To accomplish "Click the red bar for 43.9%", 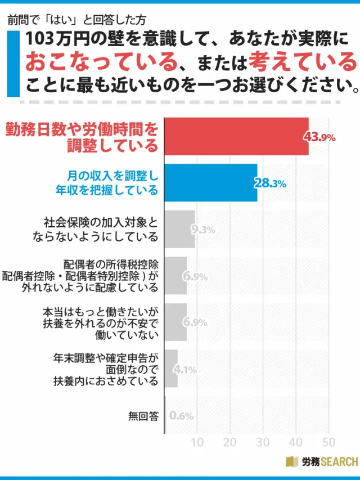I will click(236, 136).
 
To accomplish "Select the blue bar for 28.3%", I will click(210, 183).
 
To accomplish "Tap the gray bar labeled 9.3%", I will click(179, 229).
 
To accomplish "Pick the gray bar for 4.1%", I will click(171, 369).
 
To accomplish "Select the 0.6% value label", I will click(181, 416).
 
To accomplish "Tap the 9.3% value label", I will click(203, 229).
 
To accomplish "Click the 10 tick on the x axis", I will click(197, 442).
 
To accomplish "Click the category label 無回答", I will click(143, 416).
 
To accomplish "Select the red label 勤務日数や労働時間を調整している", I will click(82, 137).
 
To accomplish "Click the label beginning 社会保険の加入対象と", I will click(101, 228).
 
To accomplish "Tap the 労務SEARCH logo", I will click(322, 462).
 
